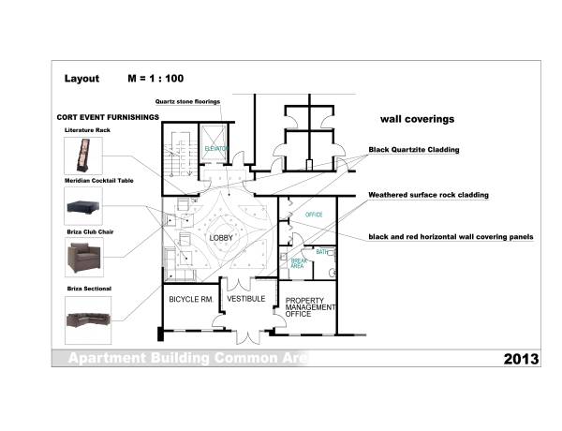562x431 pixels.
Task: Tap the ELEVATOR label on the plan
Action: tap(217, 149)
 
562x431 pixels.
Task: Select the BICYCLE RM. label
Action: tap(192, 300)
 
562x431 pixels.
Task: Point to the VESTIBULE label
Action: tap(247, 300)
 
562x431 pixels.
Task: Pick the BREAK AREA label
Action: tap(299, 263)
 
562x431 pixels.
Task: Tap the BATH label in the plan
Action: tap(321, 252)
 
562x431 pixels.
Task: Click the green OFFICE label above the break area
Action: tap(314, 215)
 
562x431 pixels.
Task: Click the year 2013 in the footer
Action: tap(520, 359)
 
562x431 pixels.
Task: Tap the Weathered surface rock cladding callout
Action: tap(428, 195)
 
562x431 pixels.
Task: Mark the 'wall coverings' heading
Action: tap(417, 120)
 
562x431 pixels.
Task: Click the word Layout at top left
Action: tap(81, 80)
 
